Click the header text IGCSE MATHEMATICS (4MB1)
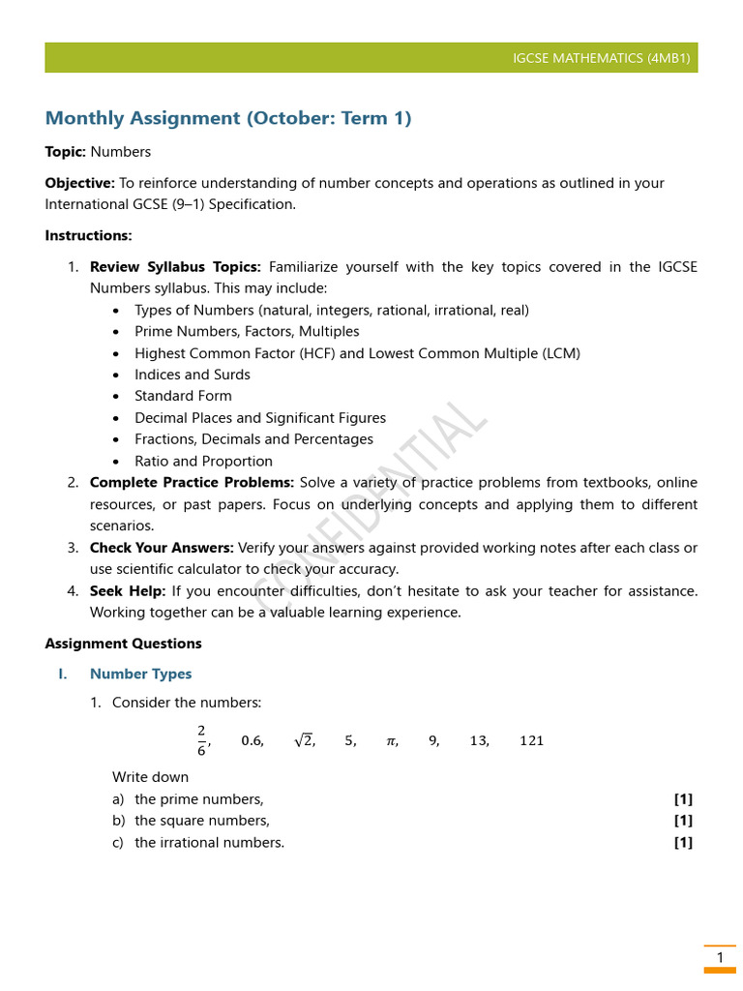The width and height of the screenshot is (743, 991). click(602, 58)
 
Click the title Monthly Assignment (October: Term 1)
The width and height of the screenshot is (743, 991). click(228, 118)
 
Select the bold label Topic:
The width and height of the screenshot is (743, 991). click(66, 152)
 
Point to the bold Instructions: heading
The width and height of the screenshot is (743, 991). click(89, 235)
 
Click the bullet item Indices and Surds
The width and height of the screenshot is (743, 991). click(192, 375)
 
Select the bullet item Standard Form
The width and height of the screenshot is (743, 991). click(183, 396)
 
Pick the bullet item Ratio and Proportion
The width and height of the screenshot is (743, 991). click(203, 462)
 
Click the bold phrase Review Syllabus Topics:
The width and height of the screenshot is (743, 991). click(175, 267)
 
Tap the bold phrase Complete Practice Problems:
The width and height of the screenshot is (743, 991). click(192, 483)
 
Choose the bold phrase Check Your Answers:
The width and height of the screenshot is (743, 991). click(162, 548)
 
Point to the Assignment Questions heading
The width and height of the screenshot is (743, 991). click(124, 644)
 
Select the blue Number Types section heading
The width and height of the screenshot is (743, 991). click(140, 674)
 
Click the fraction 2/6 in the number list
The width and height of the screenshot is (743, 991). click(201, 739)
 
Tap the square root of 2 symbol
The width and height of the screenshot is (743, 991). click(303, 740)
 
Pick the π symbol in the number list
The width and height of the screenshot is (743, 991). click(391, 741)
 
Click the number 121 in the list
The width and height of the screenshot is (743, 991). click(531, 741)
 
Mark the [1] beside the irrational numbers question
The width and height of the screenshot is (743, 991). click(683, 842)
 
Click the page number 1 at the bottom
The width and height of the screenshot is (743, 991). click(720, 958)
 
